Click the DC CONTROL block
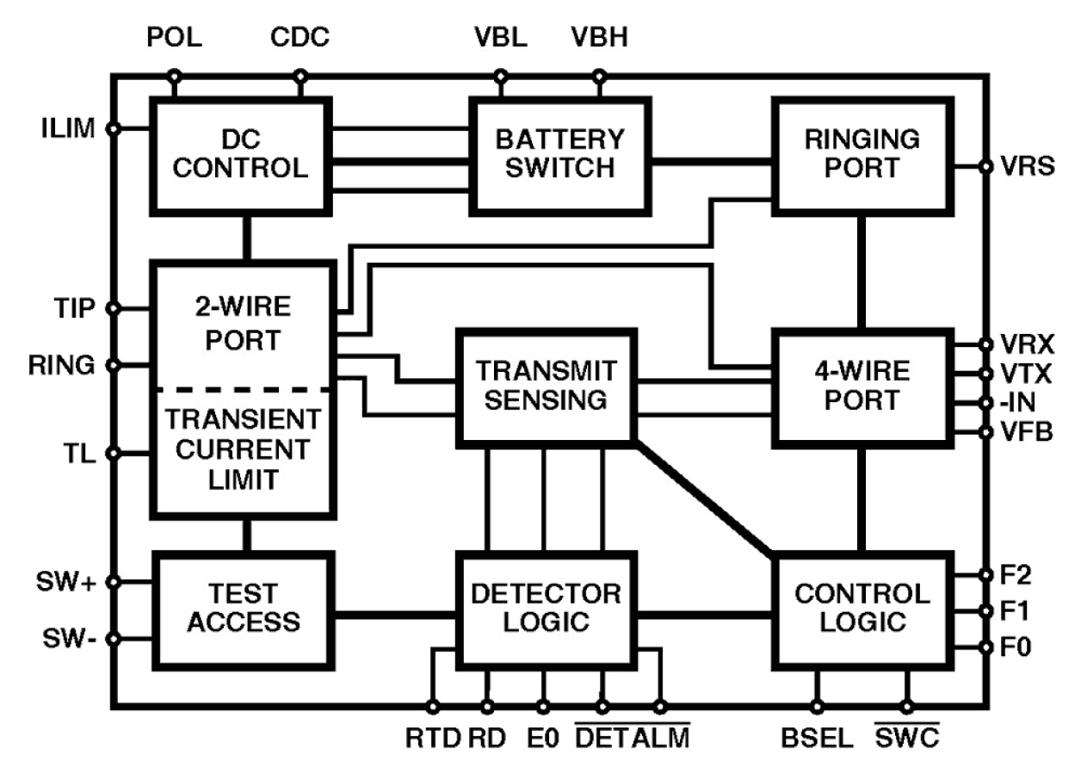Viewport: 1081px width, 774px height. point(241,155)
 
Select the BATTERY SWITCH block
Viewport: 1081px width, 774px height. point(559,155)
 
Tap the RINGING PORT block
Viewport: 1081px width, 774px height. point(862,155)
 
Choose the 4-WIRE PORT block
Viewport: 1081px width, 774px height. point(862,387)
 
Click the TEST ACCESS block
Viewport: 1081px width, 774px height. point(244,610)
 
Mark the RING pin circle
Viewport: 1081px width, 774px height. point(113,365)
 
